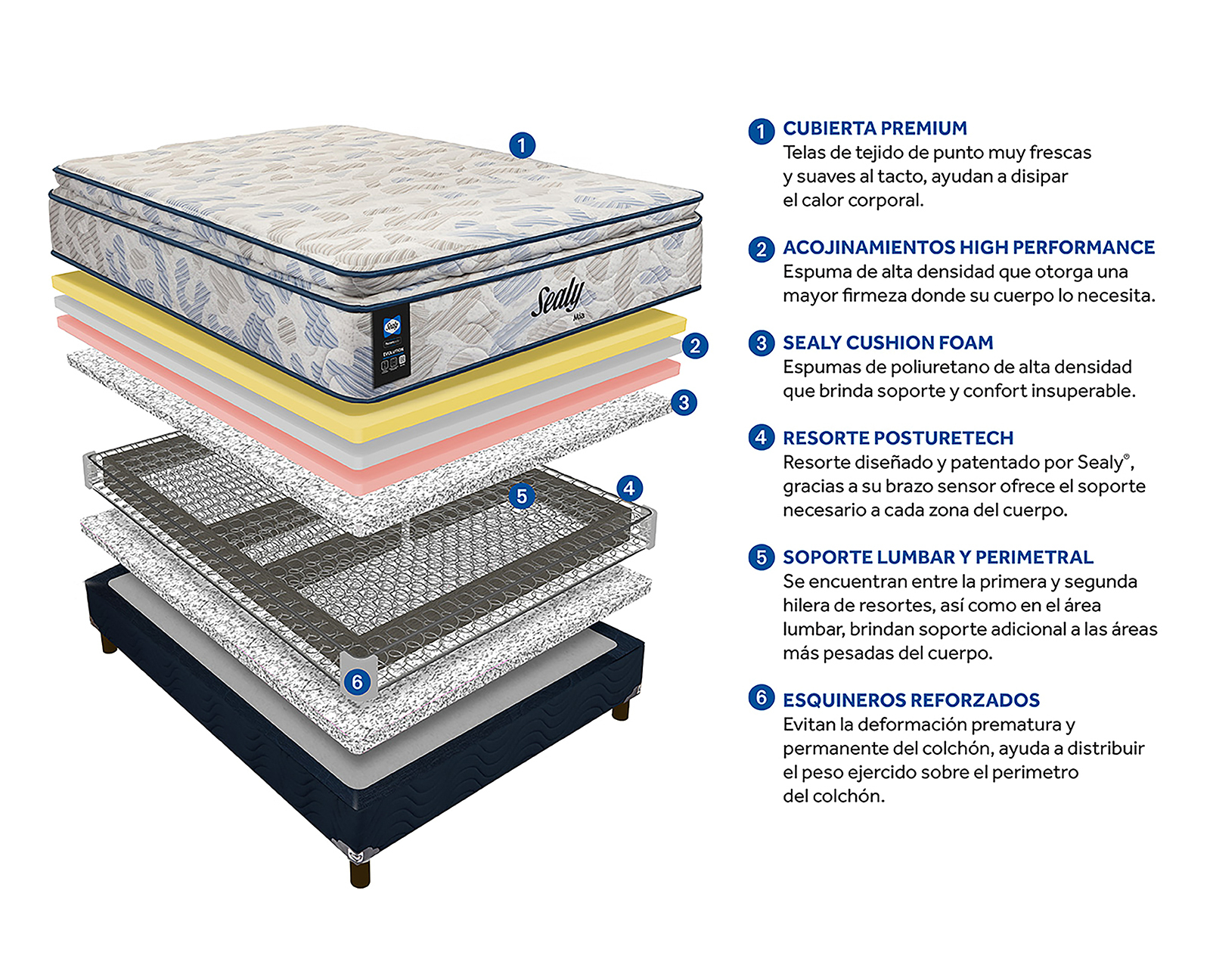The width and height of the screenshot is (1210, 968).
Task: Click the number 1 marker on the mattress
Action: (522, 145)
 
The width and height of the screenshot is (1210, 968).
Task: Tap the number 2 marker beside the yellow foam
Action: (695, 346)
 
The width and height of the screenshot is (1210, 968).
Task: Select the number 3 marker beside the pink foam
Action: (684, 402)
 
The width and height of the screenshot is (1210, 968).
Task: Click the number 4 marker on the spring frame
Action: (629, 489)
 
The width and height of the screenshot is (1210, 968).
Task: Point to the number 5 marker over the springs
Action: (521, 497)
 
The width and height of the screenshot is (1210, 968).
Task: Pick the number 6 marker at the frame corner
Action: (357, 682)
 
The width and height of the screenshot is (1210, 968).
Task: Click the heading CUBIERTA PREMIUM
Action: (875, 129)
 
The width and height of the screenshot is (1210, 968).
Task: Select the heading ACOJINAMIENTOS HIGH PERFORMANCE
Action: (969, 248)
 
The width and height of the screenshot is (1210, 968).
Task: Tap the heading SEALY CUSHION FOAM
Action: (888, 343)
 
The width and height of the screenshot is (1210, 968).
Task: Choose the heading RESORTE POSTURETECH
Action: (898, 439)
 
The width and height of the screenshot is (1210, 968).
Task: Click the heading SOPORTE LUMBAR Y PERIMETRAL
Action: (938, 558)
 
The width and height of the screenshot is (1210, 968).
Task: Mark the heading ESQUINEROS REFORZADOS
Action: (911, 700)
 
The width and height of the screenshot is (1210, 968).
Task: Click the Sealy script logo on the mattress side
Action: (557, 297)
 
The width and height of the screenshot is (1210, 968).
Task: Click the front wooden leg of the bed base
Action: (360, 871)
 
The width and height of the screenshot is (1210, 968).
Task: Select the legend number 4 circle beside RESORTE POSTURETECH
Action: (761, 438)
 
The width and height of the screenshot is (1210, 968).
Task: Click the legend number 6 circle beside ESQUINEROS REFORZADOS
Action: (761, 697)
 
